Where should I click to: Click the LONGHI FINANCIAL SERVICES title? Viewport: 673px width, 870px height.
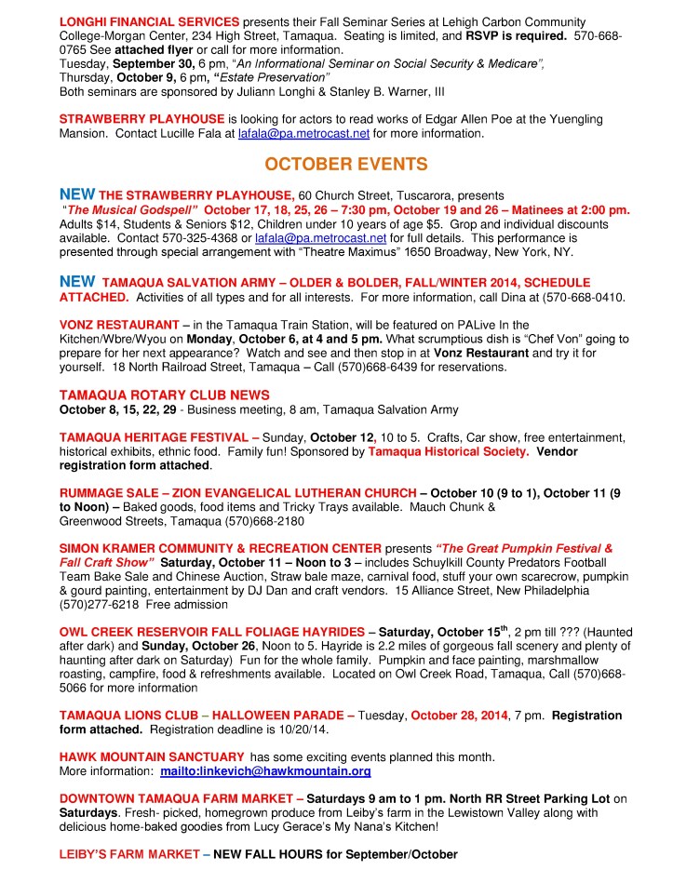[149, 20]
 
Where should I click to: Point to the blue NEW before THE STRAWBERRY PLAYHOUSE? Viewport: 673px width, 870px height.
[77, 194]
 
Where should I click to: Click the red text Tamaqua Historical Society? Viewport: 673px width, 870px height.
[446, 451]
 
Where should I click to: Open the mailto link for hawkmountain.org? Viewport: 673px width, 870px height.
[265, 771]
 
